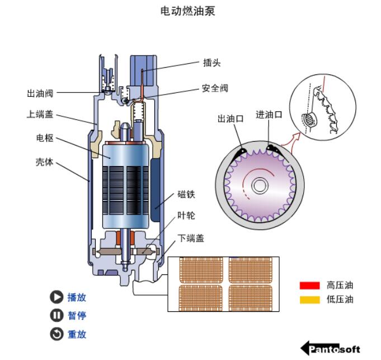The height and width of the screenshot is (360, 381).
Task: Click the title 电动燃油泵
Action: point(188,11)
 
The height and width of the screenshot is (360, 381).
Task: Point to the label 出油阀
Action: point(40,93)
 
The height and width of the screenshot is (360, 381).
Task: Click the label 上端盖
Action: point(40,114)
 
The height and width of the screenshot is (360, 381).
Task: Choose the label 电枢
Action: point(45,138)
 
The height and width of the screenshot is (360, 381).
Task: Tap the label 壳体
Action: point(45,162)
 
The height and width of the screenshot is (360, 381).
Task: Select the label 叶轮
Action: point(186,216)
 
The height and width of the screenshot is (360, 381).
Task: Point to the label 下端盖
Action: point(191,238)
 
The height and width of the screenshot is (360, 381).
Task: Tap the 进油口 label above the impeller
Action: point(269,115)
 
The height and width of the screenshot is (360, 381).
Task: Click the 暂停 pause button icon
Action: point(57,315)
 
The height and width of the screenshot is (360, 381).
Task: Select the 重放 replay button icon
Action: point(57,334)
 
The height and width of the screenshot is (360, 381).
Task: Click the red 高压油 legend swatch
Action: point(309,285)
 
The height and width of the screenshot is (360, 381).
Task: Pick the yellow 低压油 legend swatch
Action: point(309,300)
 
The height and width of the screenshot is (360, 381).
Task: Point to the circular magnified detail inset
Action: point(324,107)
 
